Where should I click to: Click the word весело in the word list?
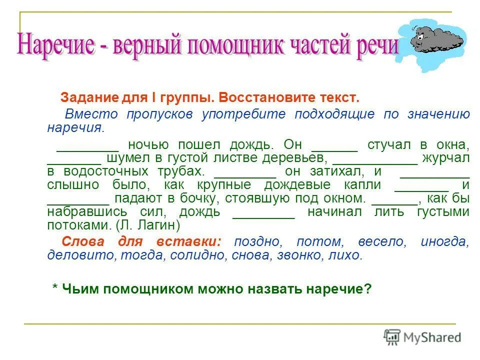[382, 242]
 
